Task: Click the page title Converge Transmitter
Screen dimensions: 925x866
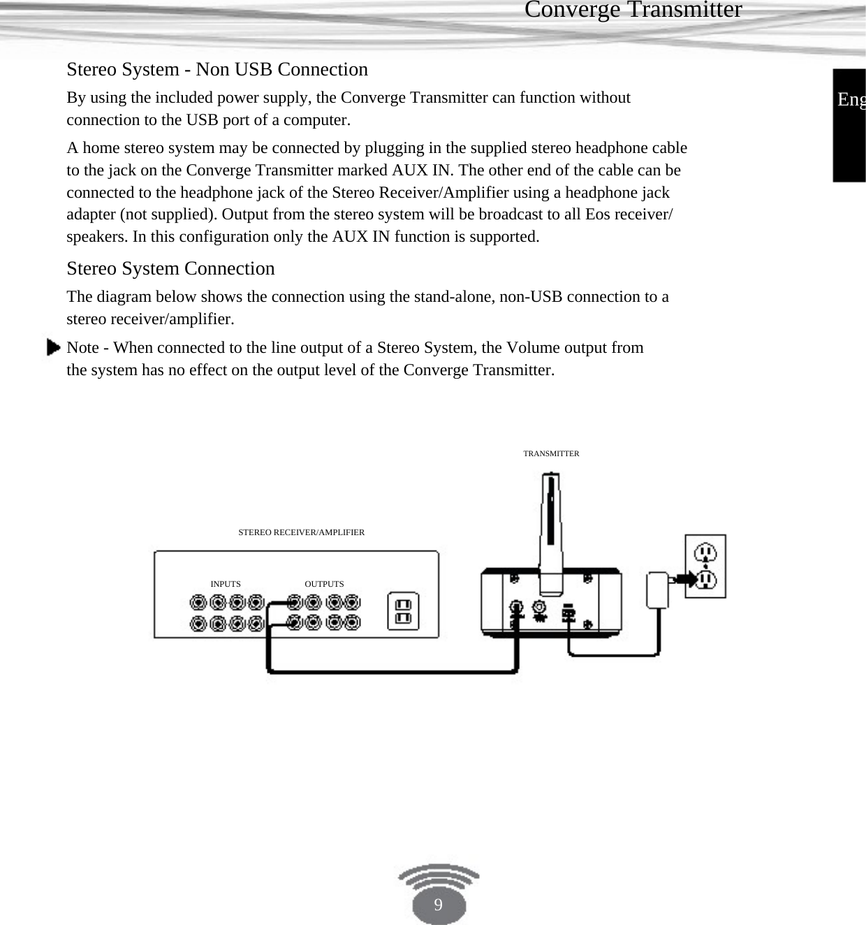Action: pos(633,10)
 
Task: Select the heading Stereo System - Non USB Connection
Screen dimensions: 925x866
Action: pos(217,69)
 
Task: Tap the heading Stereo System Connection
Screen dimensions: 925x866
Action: pos(170,268)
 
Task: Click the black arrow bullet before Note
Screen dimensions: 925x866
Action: pos(53,347)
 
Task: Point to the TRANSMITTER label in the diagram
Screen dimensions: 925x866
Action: pos(551,453)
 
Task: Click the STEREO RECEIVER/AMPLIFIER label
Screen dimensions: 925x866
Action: pos(301,532)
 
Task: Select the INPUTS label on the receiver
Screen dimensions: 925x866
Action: pos(226,584)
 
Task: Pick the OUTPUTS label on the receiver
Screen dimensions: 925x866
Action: pos(324,584)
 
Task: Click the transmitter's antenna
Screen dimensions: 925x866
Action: pos(551,524)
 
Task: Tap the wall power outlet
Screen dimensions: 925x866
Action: pos(705,566)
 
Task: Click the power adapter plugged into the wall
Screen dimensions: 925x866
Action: pos(658,590)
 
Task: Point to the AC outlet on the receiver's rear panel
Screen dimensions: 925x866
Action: pos(403,611)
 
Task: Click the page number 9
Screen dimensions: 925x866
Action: pos(438,905)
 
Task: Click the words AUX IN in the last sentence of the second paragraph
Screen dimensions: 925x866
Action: pos(361,237)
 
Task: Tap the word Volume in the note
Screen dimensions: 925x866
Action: pos(533,348)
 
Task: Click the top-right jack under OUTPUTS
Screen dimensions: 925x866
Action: pos(353,602)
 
